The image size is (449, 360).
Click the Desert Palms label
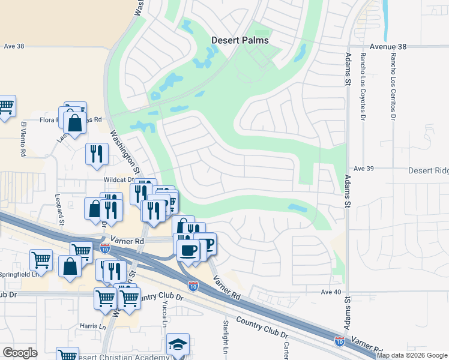[240, 41]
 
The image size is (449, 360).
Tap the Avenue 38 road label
[388, 46]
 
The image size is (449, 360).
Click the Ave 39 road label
[364, 169]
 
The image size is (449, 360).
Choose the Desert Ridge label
[428, 170]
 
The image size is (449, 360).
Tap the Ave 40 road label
[331, 292]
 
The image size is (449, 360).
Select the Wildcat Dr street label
[117, 179]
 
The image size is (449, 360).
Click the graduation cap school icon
[178, 344]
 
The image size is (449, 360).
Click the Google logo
[20, 353]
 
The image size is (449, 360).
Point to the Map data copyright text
[412, 355]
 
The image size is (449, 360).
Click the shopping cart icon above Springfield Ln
[41, 260]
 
